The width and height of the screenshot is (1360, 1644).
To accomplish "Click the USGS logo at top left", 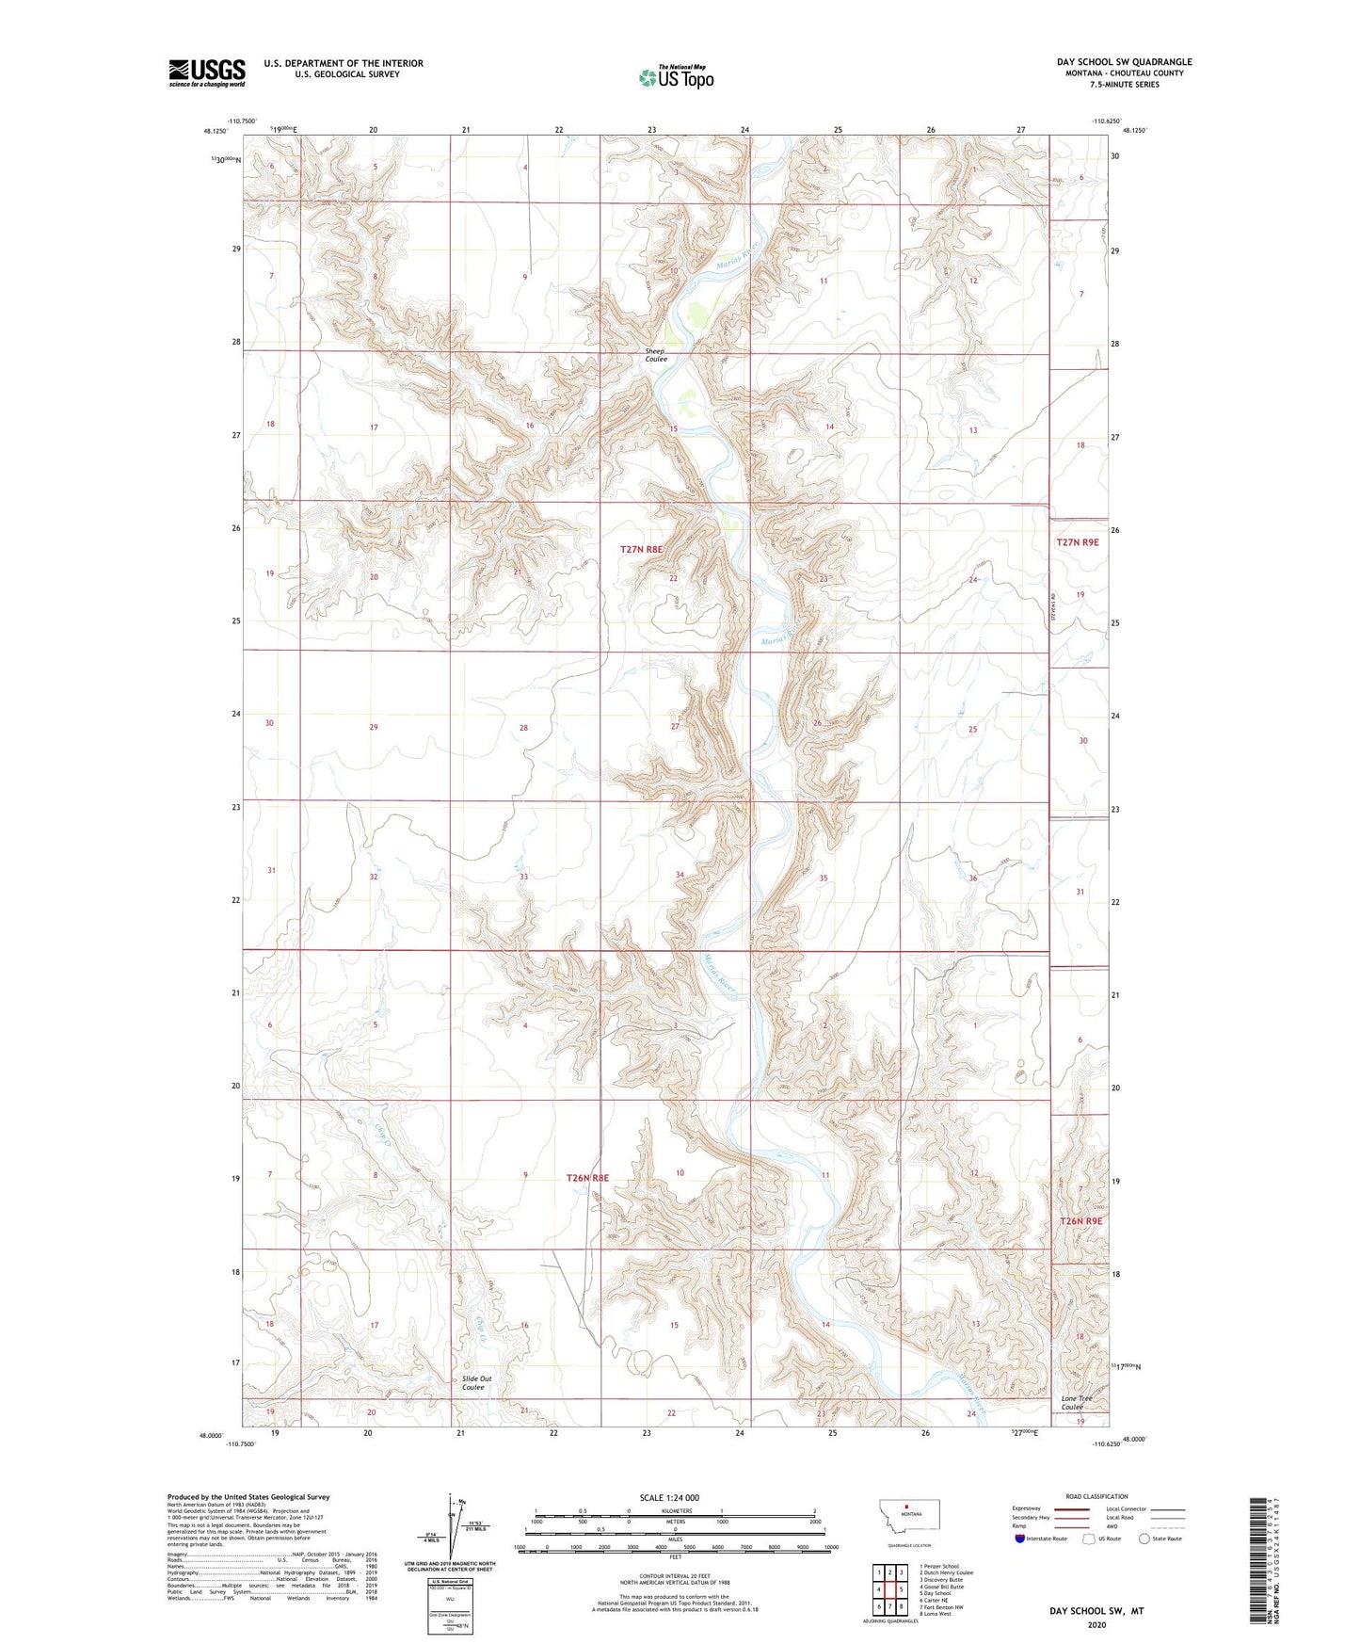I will [x=206, y=72].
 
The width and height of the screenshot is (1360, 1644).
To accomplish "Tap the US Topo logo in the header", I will [x=676, y=77].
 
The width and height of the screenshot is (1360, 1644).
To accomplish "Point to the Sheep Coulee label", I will [x=656, y=355].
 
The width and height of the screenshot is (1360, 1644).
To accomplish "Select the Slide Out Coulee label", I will [x=476, y=1382].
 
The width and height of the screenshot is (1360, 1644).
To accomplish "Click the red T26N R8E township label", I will [x=587, y=1178].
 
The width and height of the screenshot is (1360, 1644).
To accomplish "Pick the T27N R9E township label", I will [x=1077, y=542].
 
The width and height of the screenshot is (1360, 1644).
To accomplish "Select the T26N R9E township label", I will [x=1080, y=1220].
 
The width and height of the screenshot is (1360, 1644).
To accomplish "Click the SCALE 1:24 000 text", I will [x=669, y=1497].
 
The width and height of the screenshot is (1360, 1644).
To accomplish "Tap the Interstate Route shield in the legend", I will [x=1020, y=1539].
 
